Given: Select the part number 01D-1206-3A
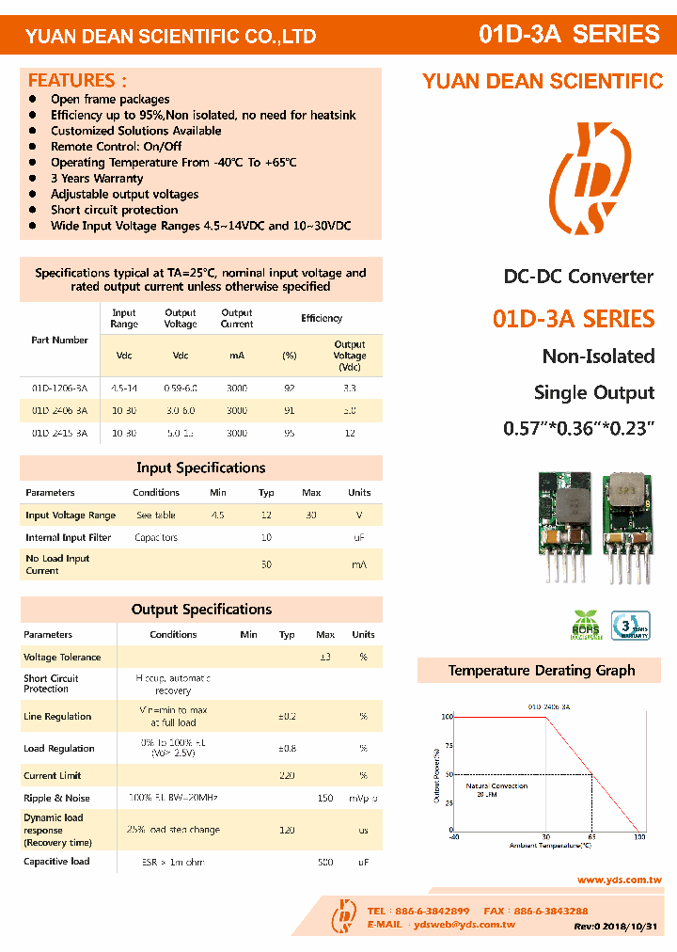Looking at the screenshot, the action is coord(59,388).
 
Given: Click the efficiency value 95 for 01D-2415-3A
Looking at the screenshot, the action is coord(290,433).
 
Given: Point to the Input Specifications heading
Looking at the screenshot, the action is coord(201,468).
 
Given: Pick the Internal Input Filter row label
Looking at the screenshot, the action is coord(68,538).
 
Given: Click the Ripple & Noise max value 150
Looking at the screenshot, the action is coord(325,799).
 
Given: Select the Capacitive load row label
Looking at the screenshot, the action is coord(56,862).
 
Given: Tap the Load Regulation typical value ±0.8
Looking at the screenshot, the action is coord(287,749).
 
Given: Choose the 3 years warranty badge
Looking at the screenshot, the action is coord(631,626).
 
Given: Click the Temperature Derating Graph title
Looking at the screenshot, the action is coord(541,671).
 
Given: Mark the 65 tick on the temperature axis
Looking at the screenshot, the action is coord(592,836).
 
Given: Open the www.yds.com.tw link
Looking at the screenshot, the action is coord(619,881).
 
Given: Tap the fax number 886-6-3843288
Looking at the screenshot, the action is coord(549,912).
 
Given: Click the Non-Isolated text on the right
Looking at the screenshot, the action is coord(598,357).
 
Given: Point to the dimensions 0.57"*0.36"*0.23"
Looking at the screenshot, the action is coord(578,428).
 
